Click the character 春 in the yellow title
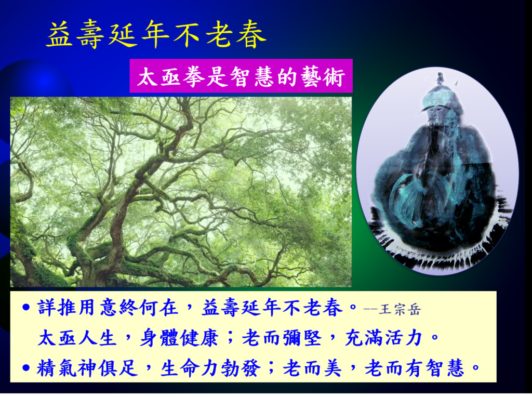tap(251, 34)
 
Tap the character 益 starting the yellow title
tap(60, 34)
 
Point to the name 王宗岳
tap(400, 310)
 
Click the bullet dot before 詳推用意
tap(26, 308)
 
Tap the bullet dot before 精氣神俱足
tap(26, 367)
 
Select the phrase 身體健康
tap(179, 338)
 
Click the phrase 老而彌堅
tap(282, 338)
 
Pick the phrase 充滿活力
tap(383, 338)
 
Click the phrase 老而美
tap(313, 368)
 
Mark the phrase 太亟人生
tap(77, 338)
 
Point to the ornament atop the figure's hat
tap(441, 79)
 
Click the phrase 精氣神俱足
tap(87, 368)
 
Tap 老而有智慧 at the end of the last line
tap(414, 368)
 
